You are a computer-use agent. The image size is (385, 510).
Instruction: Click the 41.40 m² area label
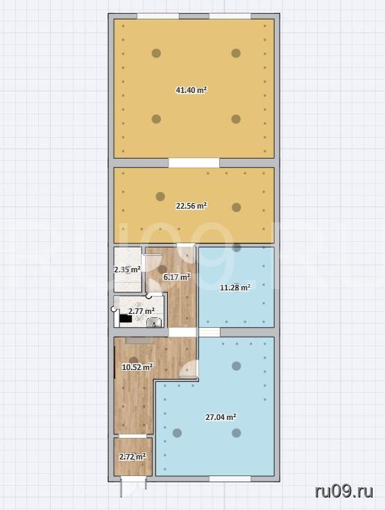pos(191,90)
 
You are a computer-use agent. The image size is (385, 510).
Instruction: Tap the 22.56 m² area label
pos(191,206)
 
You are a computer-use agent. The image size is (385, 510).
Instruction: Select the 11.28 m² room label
pos(235,288)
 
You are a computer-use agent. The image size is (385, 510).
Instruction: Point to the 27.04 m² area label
pos(221,417)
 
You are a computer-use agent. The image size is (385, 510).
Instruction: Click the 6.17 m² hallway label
pos(176,277)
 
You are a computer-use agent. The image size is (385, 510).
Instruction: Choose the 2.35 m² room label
pos(127,270)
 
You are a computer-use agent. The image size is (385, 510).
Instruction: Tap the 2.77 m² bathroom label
pos(141,311)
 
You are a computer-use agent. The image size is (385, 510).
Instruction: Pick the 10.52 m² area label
pos(137,367)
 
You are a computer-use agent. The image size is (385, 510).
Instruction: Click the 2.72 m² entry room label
pos(132,457)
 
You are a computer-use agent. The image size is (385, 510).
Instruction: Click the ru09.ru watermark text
pos(343,492)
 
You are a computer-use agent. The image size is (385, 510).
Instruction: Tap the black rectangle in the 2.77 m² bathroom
pos(126,319)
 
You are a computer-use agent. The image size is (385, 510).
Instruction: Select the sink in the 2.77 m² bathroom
pos(154,322)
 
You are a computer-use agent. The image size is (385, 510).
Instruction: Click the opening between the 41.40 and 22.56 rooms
pos(194,163)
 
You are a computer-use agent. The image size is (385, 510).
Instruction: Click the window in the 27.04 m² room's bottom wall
pos(230,479)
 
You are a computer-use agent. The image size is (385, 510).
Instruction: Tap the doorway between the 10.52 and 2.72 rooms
pos(132,436)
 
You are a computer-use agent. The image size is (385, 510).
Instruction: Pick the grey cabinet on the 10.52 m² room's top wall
pos(139,340)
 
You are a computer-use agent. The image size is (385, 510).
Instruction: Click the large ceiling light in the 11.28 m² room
pos(237,248)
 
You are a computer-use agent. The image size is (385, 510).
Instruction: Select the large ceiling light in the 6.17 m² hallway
pos(162,269)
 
